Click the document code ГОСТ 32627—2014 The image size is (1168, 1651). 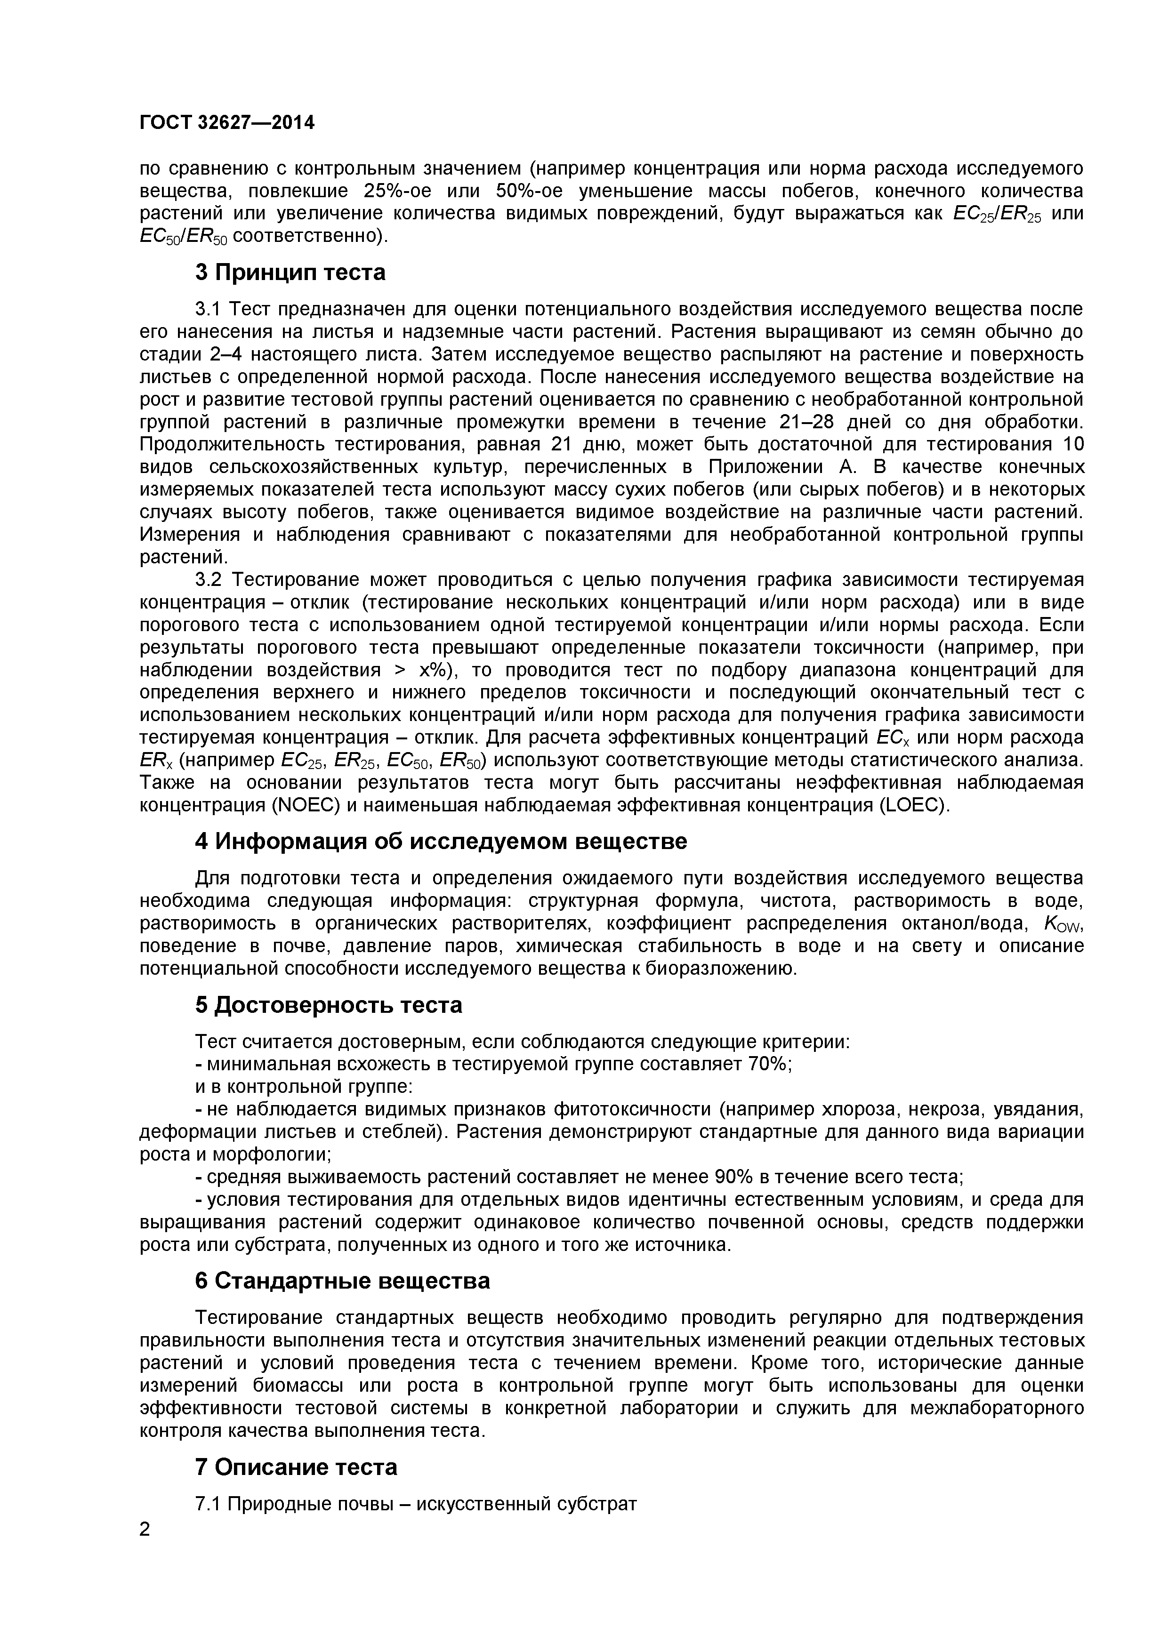pos(226,123)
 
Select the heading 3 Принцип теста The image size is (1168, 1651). pos(290,272)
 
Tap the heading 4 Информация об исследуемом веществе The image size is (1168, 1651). pos(441,842)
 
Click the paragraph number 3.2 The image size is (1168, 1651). pos(211,579)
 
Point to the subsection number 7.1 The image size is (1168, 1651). pos(210,1504)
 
